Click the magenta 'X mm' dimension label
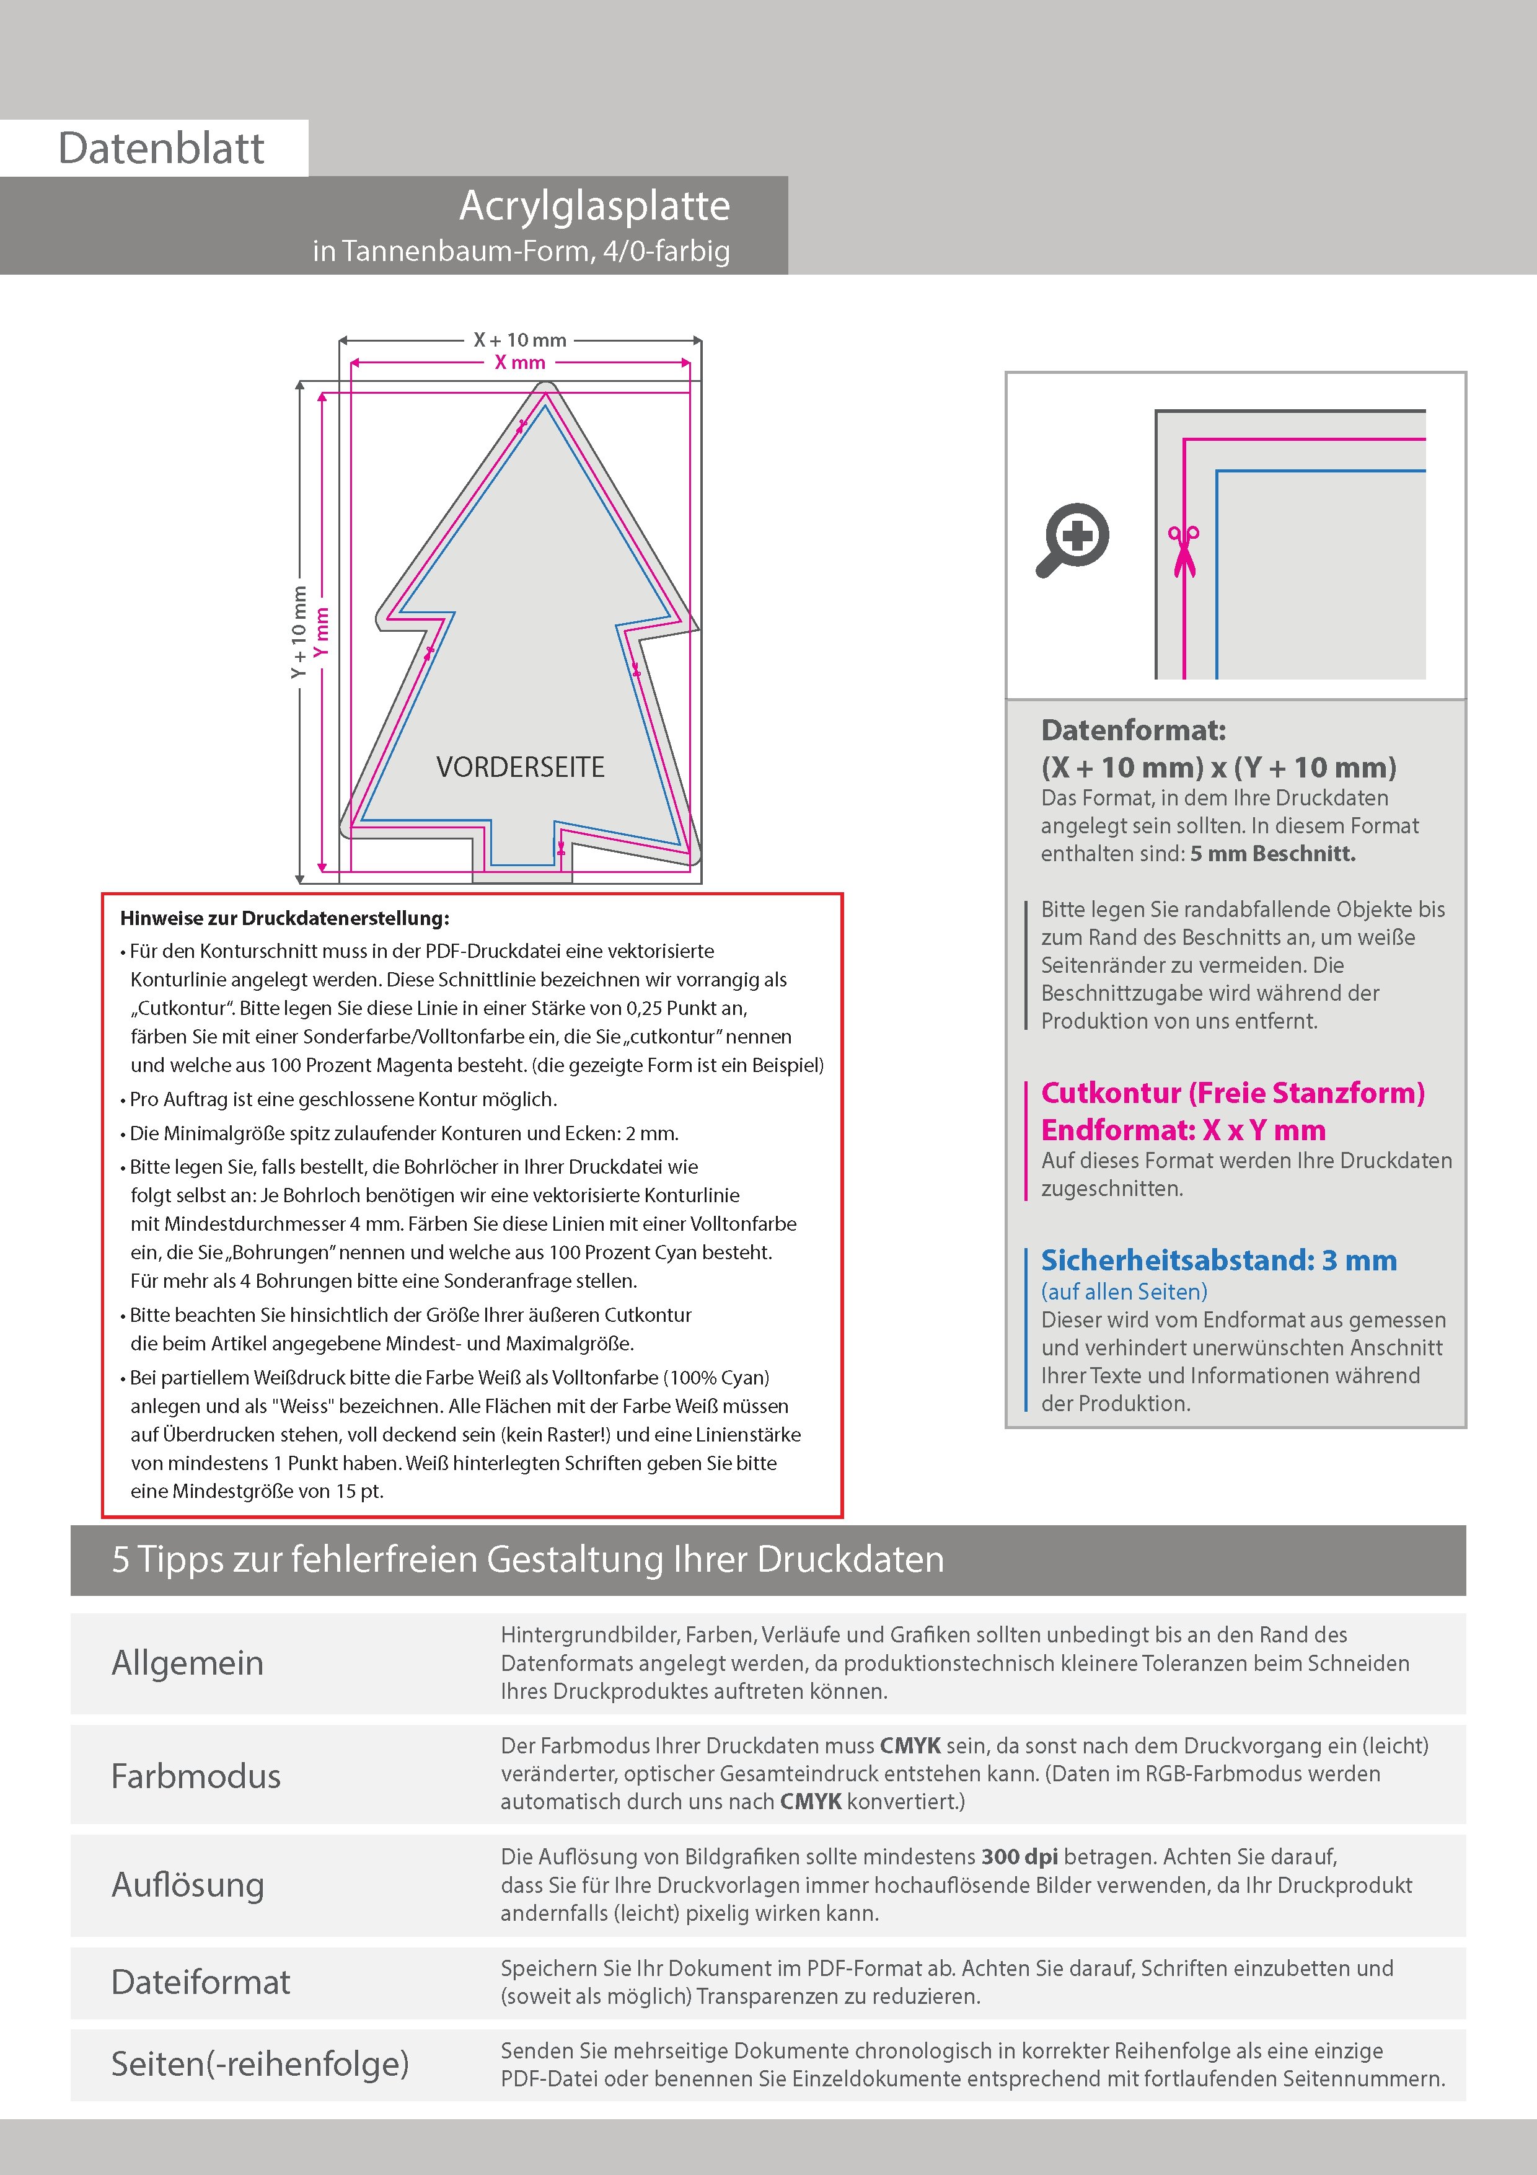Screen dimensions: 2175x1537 click(x=520, y=363)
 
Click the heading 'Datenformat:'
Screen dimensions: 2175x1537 click(x=1133, y=730)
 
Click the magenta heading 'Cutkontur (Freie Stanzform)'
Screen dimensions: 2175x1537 click(x=1232, y=1093)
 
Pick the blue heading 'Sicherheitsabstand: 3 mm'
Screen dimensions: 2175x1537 click(x=1219, y=1261)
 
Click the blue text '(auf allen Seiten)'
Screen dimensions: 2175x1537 click(x=1124, y=1291)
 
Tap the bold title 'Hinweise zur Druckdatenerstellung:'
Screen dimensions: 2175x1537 click(x=284, y=918)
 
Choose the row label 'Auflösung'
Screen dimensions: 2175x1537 click(x=188, y=1885)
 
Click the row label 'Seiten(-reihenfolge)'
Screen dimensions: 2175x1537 click(x=260, y=2064)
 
